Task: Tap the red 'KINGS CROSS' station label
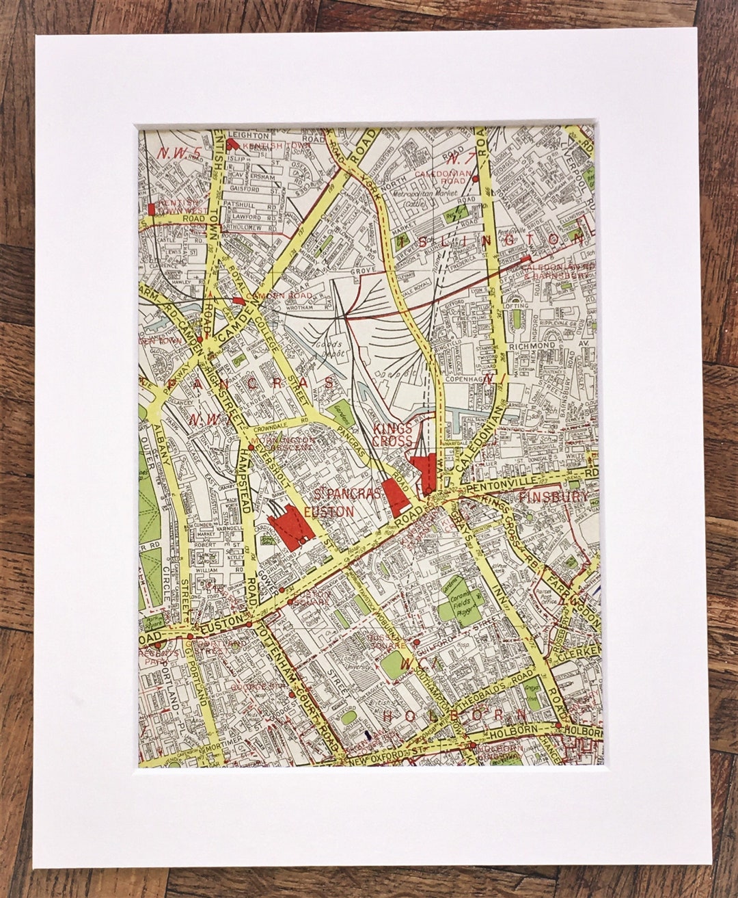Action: click(x=393, y=435)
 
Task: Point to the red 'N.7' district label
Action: click(x=462, y=159)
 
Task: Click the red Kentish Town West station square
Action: click(x=152, y=209)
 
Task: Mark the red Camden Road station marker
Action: click(x=238, y=300)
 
